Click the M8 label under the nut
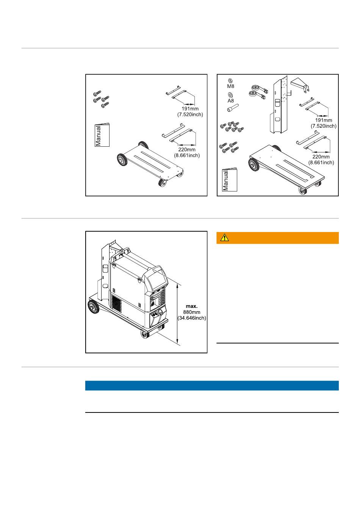[230, 86]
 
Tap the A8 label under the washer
[230, 100]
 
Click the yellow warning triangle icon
[224, 237]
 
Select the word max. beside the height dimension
[192, 306]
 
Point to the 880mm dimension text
[192, 312]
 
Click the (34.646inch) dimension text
[192, 318]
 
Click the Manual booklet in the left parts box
[102, 135]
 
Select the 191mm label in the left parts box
[190, 109]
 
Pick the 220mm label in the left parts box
[187, 150]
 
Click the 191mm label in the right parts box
[323, 120]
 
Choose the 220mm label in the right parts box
[321, 157]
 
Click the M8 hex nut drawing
[230, 81]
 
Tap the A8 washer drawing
[230, 95]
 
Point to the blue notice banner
[212, 385]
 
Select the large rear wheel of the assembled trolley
[94, 307]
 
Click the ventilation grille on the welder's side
[116, 304]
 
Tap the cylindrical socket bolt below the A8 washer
[233, 108]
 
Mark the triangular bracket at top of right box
[300, 85]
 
